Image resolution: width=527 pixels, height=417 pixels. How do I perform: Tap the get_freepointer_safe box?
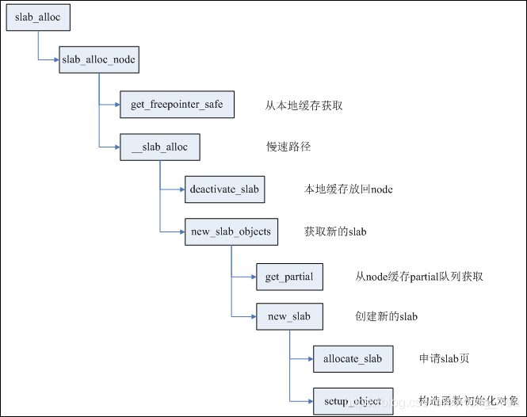click(x=177, y=105)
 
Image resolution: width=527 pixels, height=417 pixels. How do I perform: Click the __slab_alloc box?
click(x=159, y=147)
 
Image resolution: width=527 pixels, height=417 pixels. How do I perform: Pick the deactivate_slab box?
click(x=223, y=189)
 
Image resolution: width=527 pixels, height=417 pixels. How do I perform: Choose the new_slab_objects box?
click(x=231, y=232)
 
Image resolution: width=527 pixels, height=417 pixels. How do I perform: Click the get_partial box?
click(x=289, y=277)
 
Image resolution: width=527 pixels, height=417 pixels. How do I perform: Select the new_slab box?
click(x=289, y=317)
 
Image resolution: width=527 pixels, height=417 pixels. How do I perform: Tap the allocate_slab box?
click(x=353, y=359)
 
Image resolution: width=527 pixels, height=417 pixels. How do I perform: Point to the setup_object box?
click(x=353, y=402)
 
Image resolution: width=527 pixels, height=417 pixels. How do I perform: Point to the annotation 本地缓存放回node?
click(x=348, y=190)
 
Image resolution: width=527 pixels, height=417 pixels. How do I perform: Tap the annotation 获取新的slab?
click(x=334, y=232)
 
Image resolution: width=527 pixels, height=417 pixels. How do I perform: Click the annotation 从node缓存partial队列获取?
click(x=419, y=277)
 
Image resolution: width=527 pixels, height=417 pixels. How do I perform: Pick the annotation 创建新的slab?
click(x=386, y=317)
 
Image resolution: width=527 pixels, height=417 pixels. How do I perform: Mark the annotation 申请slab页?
click(x=444, y=359)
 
